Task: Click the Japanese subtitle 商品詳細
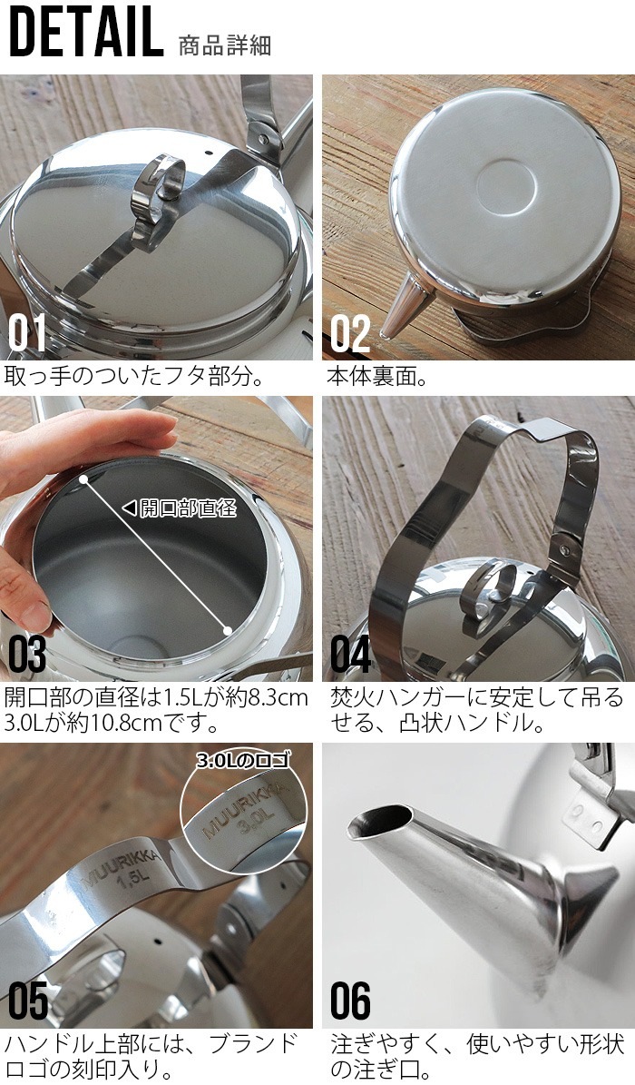click(x=226, y=44)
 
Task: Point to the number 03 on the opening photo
click(x=28, y=655)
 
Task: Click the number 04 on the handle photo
click(x=350, y=655)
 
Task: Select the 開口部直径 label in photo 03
click(x=186, y=508)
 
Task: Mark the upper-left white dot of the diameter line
click(x=83, y=477)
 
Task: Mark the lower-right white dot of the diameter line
click(x=227, y=628)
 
